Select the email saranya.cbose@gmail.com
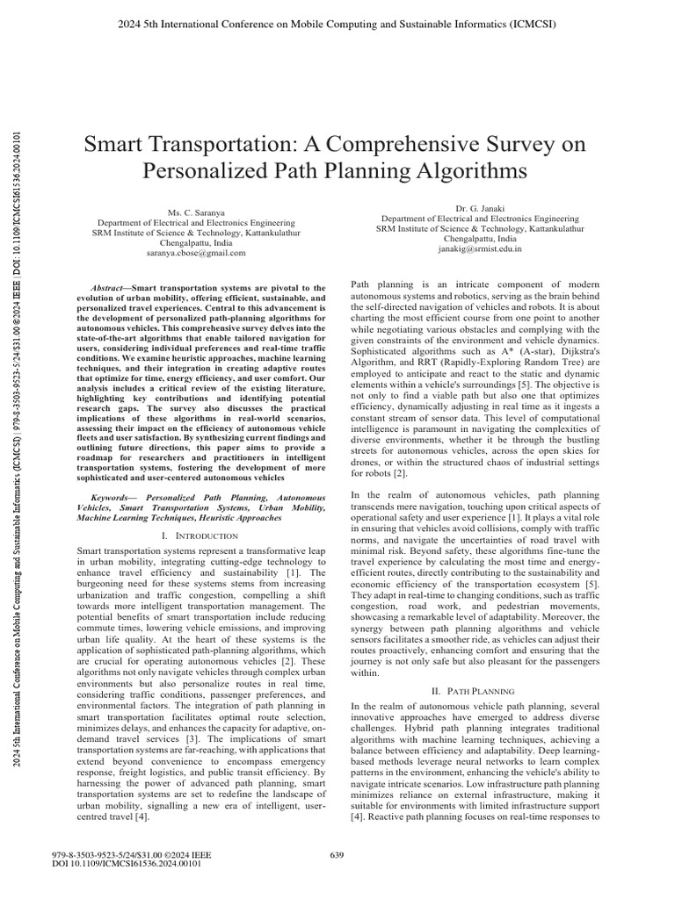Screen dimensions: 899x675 coord(195,252)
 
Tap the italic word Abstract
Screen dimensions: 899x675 coord(111,288)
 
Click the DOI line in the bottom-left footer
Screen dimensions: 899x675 coord(128,863)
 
